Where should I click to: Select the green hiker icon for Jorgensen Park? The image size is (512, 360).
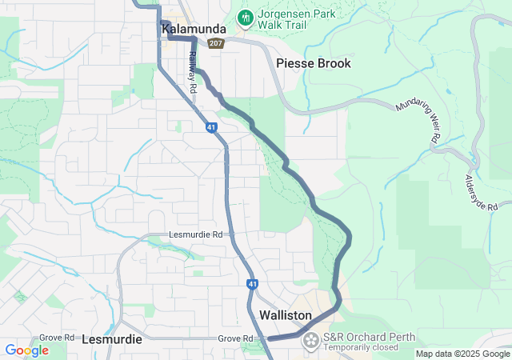(x=245, y=16)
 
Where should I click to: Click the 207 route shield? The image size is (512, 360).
(x=215, y=43)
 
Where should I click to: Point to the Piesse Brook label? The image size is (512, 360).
(x=313, y=63)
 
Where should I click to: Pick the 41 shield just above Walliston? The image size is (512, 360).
(x=252, y=284)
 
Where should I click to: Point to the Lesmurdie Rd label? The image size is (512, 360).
(x=195, y=234)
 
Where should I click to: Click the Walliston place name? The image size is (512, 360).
(x=285, y=315)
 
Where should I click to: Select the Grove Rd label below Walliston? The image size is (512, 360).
(x=235, y=339)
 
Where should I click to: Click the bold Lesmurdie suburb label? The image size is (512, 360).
(x=112, y=339)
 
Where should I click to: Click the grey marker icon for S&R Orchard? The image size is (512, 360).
(x=310, y=342)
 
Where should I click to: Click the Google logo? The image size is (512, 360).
(x=26, y=350)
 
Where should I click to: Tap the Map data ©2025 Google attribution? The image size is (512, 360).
(x=462, y=354)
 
